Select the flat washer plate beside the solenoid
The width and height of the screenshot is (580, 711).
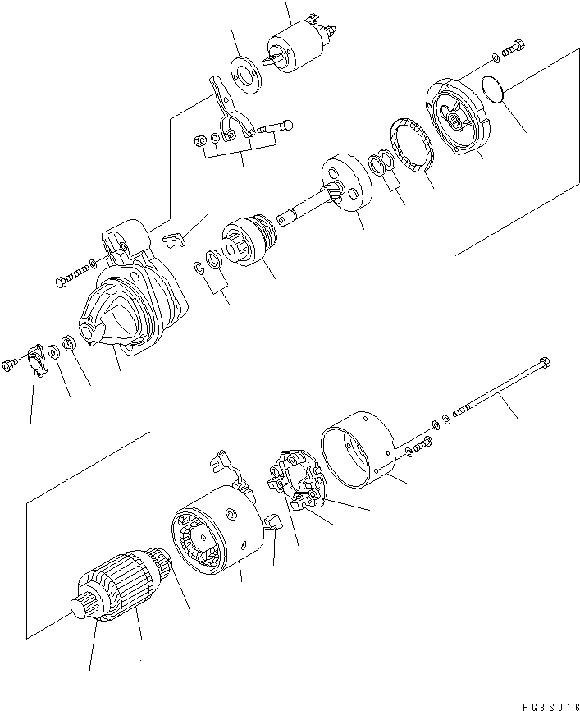[x=242, y=79]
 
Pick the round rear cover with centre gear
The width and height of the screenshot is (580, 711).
[x=456, y=117]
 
